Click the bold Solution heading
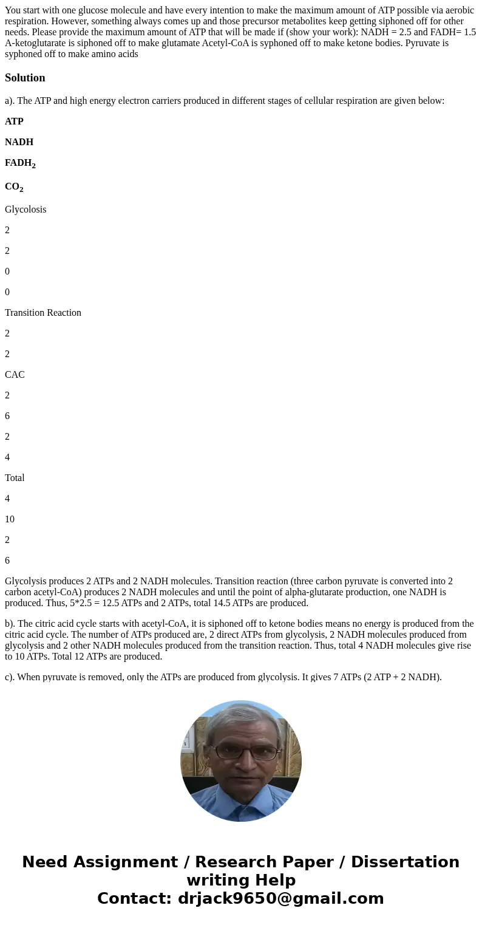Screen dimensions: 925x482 pyautogui.click(x=25, y=78)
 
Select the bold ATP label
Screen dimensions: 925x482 pyautogui.click(x=14, y=121)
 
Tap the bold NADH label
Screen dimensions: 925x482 pyautogui.click(x=19, y=142)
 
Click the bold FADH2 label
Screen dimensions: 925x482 pyautogui.click(x=20, y=163)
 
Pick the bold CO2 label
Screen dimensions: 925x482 pyautogui.click(x=14, y=187)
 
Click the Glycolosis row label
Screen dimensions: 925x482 pyautogui.click(x=25, y=210)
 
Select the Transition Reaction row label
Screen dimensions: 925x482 pyautogui.click(x=42, y=313)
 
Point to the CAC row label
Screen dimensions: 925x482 pyautogui.click(x=15, y=375)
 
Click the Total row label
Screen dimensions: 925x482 pyautogui.click(x=15, y=478)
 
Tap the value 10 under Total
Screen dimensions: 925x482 pyautogui.click(x=10, y=519)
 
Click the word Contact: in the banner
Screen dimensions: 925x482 pyautogui.click(x=135, y=898)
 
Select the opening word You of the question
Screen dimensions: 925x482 pyautogui.click(x=13, y=10)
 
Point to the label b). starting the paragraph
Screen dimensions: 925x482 pyautogui.click(x=10, y=624)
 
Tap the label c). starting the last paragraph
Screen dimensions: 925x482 pyautogui.click(x=10, y=677)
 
